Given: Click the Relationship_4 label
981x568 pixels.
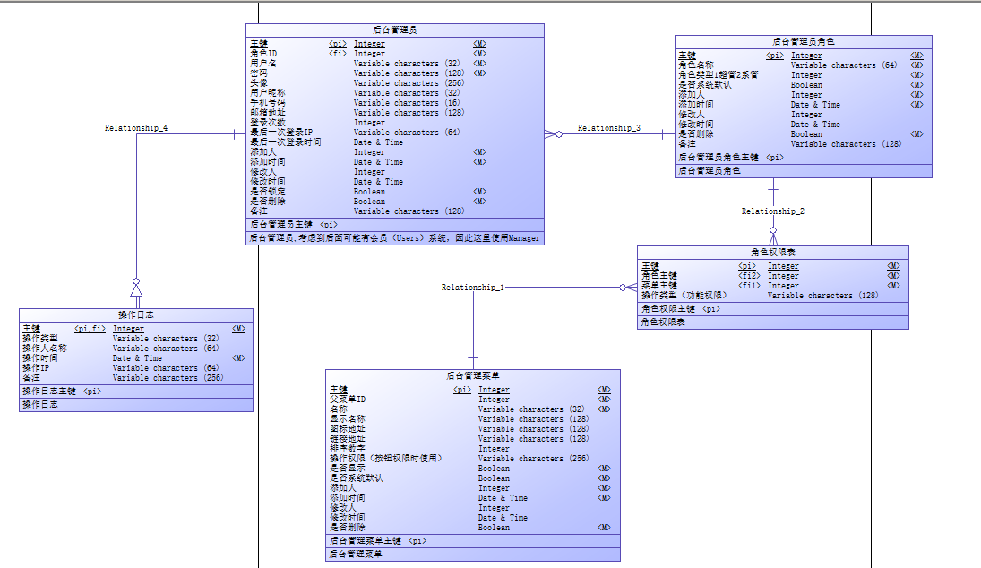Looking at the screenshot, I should click(x=136, y=128).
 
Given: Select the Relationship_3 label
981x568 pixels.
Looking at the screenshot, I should click(x=608, y=128).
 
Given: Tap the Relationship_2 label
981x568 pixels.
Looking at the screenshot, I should click(x=772, y=211).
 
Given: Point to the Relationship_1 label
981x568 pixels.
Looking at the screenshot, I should click(x=472, y=288).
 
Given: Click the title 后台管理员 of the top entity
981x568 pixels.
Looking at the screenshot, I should click(x=394, y=30).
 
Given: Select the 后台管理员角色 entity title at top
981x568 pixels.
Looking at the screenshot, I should click(x=803, y=41).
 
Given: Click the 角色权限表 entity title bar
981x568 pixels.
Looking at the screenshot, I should click(x=772, y=252).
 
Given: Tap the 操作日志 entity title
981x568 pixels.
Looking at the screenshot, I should click(x=136, y=314).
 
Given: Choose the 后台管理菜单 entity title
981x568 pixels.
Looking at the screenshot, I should click(x=472, y=375).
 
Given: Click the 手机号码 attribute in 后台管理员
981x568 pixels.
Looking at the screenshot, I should click(x=268, y=103).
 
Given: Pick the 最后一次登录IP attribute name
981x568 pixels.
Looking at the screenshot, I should click(x=281, y=133).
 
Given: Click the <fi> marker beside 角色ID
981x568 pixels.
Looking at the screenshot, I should click(x=338, y=54).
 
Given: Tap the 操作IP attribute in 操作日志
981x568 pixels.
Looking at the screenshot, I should click(x=37, y=368).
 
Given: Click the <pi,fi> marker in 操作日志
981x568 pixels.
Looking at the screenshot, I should click(x=90, y=329).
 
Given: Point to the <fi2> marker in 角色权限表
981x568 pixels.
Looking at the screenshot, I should click(x=748, y=276).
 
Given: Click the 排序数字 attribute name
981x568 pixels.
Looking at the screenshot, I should click(x=348, y=449).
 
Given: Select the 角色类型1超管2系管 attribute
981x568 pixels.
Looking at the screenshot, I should click(x=718, y=75).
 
